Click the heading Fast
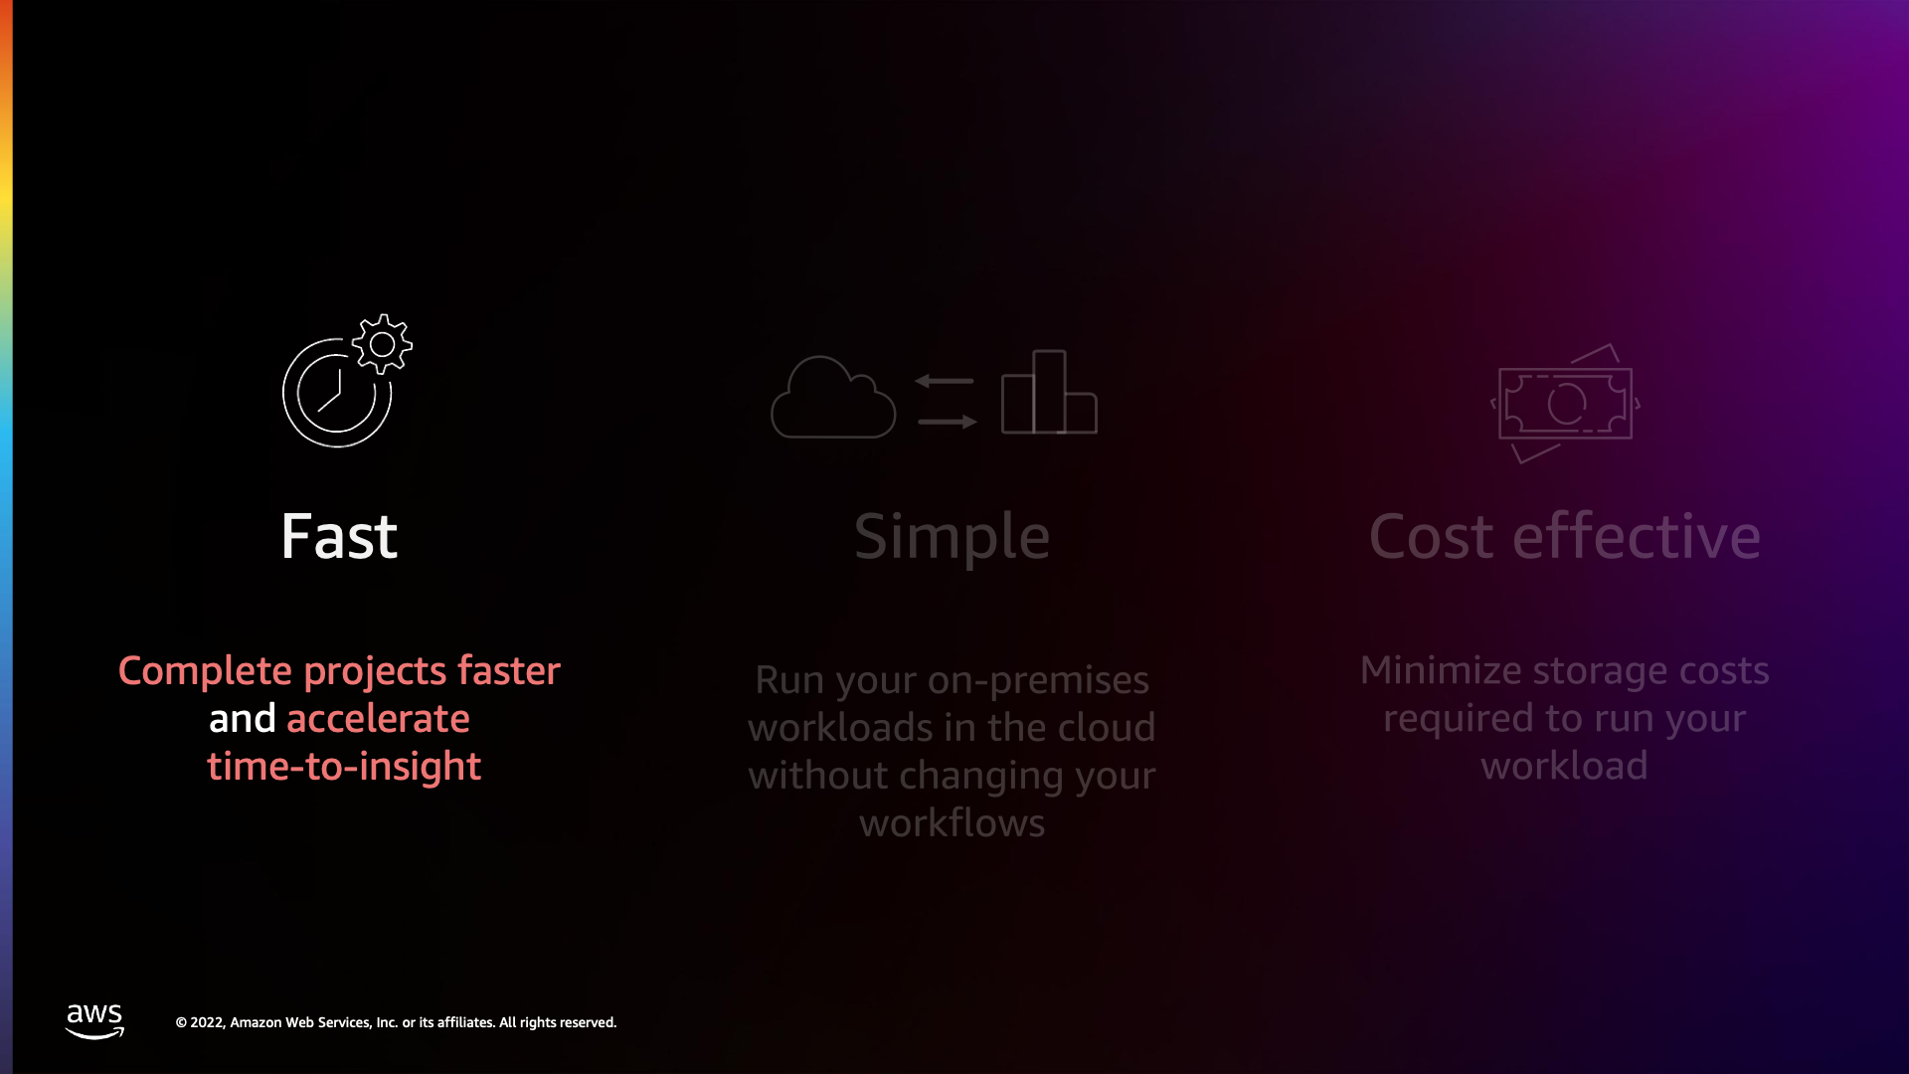339,537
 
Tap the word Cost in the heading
1431,537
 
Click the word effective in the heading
1637,536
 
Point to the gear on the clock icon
382,344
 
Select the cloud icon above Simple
833,397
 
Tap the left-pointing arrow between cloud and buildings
945,381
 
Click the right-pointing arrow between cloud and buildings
948,422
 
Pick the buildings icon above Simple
1049,392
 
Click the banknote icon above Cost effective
1565,403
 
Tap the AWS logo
94,1021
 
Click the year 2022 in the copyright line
207,1022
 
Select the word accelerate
378,718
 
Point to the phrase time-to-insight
344,767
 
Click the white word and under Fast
242,718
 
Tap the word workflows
952,823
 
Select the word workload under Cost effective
1564,766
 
